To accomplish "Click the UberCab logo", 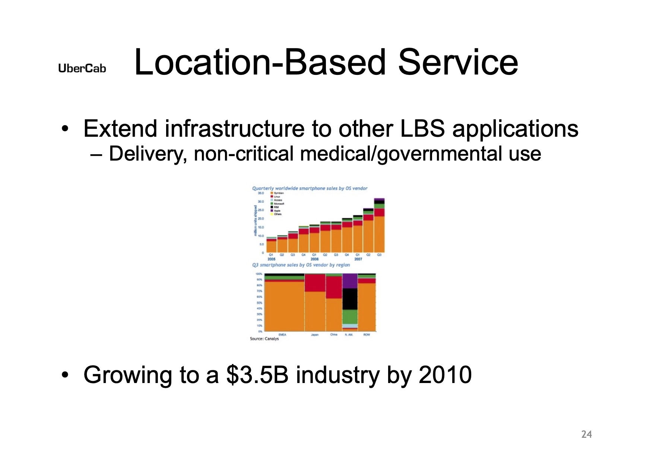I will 82,69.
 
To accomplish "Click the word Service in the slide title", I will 458,62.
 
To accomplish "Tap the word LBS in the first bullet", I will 422,129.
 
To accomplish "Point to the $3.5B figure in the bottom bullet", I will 257,375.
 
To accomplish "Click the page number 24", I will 586,434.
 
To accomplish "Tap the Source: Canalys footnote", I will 264,339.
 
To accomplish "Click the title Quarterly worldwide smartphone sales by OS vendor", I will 310,189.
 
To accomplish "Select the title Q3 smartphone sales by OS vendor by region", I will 301,265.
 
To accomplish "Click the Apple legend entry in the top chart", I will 277,211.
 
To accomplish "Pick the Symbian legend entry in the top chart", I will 278,193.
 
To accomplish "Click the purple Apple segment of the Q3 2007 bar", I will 379,199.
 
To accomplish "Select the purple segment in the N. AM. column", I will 350,281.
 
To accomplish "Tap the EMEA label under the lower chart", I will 282,335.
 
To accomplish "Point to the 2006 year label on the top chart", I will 314,259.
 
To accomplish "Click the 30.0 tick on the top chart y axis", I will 261,202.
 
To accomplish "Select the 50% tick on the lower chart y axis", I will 259,303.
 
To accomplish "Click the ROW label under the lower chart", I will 367,335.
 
